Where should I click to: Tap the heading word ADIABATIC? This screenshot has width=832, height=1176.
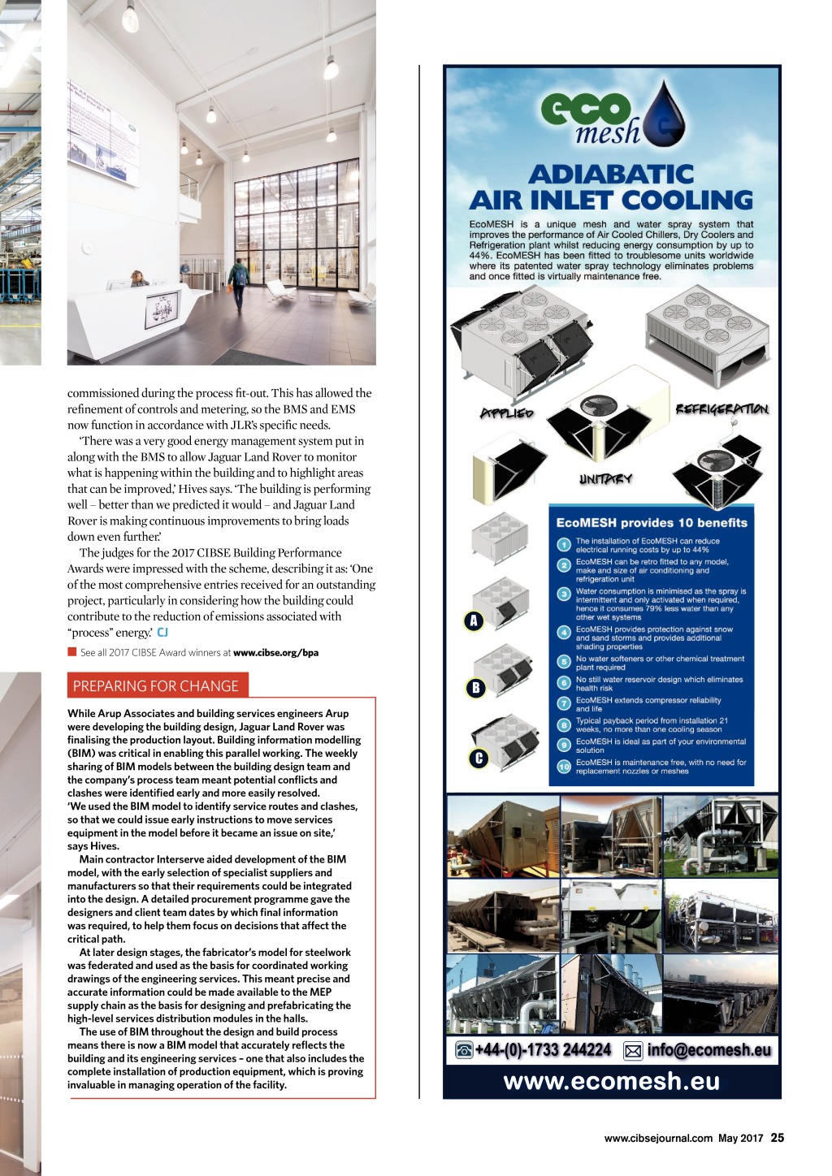(x=611, y=174)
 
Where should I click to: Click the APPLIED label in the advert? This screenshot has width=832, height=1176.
(x=507, y=413)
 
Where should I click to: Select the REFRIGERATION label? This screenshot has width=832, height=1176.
(x=721, y=409)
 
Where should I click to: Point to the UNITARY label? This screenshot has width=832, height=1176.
(x=605, y=479)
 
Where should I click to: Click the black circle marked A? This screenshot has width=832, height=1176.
(x=474, y=621)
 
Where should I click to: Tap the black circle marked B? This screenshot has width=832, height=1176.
(x=476, y=688)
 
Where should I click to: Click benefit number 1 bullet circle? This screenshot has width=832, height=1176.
(x=564, y=545)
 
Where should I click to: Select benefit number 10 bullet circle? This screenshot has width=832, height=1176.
(x=564, y=766)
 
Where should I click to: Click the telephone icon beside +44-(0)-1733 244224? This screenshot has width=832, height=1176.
(x=465, y=1050)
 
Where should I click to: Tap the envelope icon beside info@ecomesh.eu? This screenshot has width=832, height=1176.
(x=633, y=1051)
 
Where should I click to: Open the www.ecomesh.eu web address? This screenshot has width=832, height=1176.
(x=612, y=1081)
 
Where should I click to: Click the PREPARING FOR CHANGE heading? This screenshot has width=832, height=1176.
(x=156, y=686)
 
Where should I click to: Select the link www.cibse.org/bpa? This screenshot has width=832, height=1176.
(x=275, y=652)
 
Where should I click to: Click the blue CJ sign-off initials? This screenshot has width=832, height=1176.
(x=162, y=632)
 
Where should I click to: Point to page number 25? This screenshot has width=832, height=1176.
(x=778, y=1138)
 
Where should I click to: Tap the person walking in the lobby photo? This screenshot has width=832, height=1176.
(x=239, y=285)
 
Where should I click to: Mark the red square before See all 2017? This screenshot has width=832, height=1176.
(x=72, y=651)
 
